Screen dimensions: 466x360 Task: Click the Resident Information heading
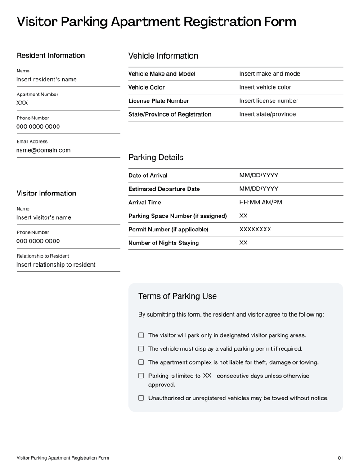(50, 55)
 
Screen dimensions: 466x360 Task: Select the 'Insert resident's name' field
(46, 80)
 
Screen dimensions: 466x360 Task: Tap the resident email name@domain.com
(43, 150)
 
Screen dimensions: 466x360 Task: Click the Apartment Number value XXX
(22, 103)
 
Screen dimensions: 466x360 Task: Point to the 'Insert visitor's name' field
(44, 217)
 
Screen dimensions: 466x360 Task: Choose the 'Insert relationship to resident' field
(56, 264)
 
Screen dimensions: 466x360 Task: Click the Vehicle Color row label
(147, 87)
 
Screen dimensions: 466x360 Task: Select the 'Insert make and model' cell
(270, 74)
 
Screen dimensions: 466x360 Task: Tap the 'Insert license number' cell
(269, 101)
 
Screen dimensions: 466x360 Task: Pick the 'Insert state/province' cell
(267, 114)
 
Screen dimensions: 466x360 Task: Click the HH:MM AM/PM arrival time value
(261, 203)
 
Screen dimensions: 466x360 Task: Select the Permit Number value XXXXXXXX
(255, 230)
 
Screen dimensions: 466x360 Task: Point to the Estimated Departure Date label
(164, 189)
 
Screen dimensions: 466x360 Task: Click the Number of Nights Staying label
(164, 243)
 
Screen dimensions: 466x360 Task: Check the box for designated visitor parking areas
(141, 335)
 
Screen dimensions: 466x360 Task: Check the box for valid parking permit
(141, 348)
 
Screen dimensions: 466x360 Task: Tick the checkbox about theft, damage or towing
(141, 362)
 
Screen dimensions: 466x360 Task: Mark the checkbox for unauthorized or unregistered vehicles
(141, 398)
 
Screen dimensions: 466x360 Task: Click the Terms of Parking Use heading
(177, 296)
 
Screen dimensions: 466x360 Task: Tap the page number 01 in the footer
(340, 458)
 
